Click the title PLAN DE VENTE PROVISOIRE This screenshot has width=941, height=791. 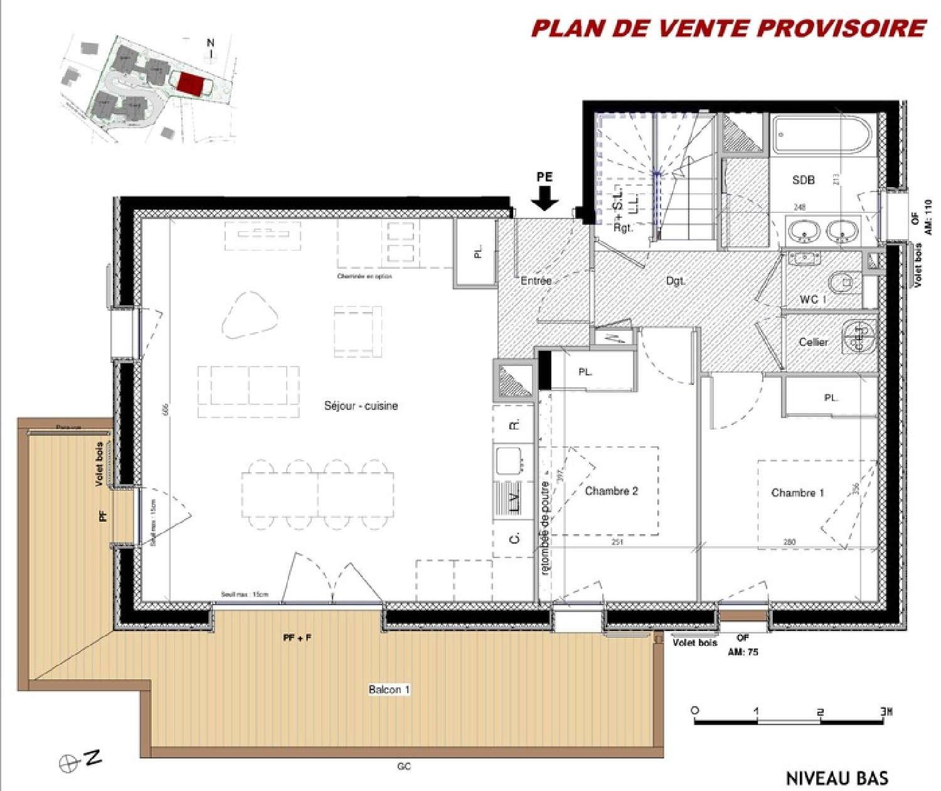(x=728, y=28)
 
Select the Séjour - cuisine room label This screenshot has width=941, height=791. (x=361, y=406)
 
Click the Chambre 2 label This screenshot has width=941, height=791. (x=611, y=491)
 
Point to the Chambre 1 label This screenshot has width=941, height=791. (x=797, y=493)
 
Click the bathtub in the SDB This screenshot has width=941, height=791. (x=821, y=135)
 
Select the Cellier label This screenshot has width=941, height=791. (x=813, y=342)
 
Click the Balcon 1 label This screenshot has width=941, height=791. (x=389, y=689)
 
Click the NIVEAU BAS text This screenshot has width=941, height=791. (x=837, y=778)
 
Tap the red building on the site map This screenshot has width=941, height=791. (x=190, y=84)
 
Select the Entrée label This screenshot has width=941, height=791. (x=536, y=281)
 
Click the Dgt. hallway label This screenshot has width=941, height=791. (x=675, y=281)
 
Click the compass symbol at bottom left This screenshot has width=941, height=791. (x=68, y=763)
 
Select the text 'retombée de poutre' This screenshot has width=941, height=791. (x=545, y=527)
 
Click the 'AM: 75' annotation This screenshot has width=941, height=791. (x=743, y=652)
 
